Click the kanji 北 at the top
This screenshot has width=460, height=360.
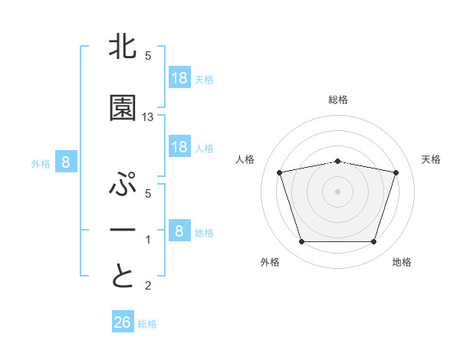[123, 47]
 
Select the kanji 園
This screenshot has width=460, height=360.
[123, 109]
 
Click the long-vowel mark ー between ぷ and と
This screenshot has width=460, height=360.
[123, 231]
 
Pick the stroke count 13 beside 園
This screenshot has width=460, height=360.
[149, 117]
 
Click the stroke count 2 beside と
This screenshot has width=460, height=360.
[149, 286]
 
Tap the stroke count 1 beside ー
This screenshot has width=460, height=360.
[149, 240]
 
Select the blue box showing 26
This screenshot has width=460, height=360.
[123, 322]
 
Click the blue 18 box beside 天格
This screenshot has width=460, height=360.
[179, 77]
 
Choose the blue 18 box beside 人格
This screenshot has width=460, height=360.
[179, 147]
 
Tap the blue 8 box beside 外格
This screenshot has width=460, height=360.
[66, 162]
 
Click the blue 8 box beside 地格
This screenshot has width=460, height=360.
[179, 231]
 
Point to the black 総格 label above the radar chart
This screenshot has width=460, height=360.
[338, 100]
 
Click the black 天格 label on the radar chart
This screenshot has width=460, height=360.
[432, 159]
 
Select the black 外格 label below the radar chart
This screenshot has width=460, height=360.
[270, 262]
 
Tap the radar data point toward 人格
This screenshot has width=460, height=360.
[280, 172]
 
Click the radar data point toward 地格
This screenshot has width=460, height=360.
[373, 242]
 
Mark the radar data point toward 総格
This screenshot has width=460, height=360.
[338, 161]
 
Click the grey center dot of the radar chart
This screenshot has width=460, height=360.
[338, 191]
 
